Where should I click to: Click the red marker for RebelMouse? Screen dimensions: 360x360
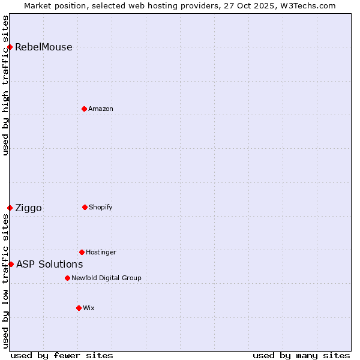[x=10, y=47]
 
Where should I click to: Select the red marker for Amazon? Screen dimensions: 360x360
[x=84, y=109]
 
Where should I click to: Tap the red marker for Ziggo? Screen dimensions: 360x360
[x=10, y=208]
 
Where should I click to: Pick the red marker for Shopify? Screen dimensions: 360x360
[x=85, y=207]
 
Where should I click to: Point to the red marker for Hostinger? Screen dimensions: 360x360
[x=82, y=252]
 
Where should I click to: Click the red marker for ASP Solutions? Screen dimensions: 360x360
[x=11, y=264]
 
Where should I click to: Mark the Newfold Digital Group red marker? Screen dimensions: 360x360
[x=67, y=278]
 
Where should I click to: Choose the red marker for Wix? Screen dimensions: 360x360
[x=79, y=308]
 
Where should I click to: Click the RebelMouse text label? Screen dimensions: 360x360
[x=43, y=47]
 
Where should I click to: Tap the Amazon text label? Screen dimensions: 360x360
[x=101, y=109]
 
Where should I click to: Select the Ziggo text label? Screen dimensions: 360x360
[x=28, y=208]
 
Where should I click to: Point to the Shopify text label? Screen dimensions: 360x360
[x=101, y=207]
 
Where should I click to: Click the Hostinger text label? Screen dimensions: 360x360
[x=101, y=252]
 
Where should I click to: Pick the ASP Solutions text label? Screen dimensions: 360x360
[x=49, y=265]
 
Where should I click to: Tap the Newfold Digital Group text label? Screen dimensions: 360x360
[x=106, y=278]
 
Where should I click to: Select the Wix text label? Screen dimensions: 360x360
[x=89, y=308]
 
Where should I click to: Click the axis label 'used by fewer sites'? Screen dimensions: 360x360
[x=62, y=355]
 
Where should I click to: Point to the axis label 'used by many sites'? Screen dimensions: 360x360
[x=301, y=355]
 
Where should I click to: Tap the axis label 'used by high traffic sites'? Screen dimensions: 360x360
[x=6, y=85]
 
